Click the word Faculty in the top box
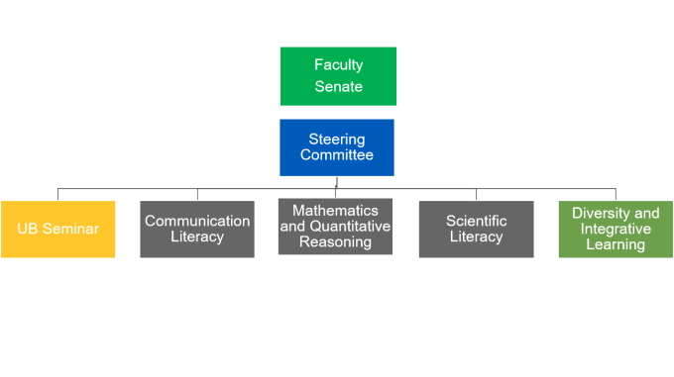click(x=338, y=65)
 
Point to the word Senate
click(x=338, y=87)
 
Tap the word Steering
click(x=337, y=140)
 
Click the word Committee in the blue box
click(x=337, y=155)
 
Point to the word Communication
click(x=196, y=221)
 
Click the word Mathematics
click(x=335, y=211)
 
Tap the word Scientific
click(x=476, y=221)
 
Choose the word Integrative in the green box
click(x=616, y=229)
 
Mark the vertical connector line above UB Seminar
click(x=57, y=194)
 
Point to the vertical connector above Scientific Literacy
click(x=476, y=194)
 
